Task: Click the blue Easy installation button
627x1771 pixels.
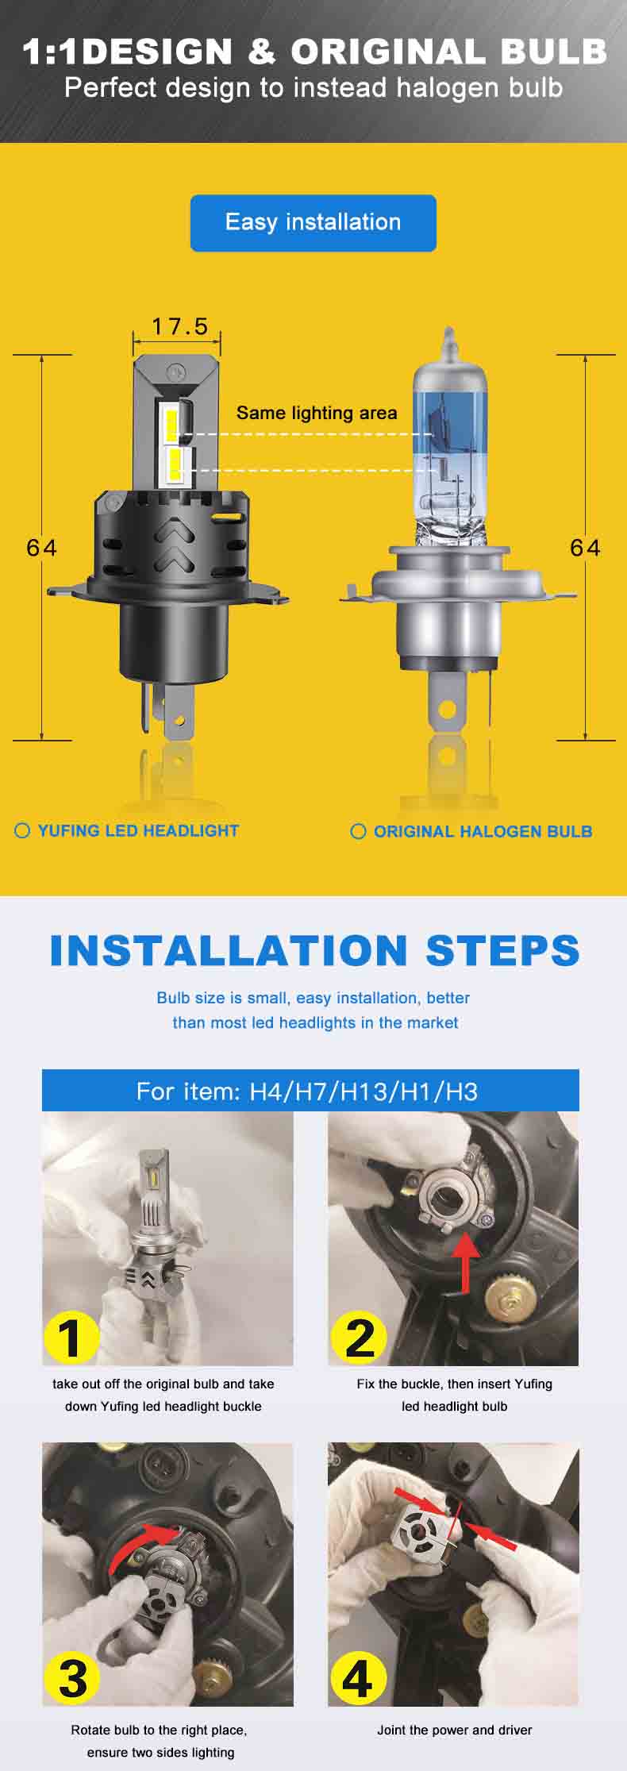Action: tap(313, 223)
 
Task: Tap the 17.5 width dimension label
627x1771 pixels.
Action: tap(179, 326)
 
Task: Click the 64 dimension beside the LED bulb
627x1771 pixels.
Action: tap(41, 548)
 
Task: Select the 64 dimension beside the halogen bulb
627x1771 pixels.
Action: tap(585, 548)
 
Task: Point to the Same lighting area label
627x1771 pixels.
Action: tap(317, 413)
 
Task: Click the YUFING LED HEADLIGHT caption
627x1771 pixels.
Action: tap(137, 830)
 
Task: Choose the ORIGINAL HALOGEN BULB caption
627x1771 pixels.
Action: tap(482, 831)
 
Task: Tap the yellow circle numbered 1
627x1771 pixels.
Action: tap(71, 1337)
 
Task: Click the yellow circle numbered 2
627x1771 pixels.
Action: tap(359, 1337)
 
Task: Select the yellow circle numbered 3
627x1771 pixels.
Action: tap(73, 1679)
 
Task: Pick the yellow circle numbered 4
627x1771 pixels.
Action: tap(357, 1679)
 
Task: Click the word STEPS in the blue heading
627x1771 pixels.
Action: tap(502, 951)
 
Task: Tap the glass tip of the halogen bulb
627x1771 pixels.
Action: tap(449, 343)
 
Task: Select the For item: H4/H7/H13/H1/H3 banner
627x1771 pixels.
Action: tap(310, 1091)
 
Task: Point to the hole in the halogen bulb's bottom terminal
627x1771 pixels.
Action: tap(448, 708)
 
